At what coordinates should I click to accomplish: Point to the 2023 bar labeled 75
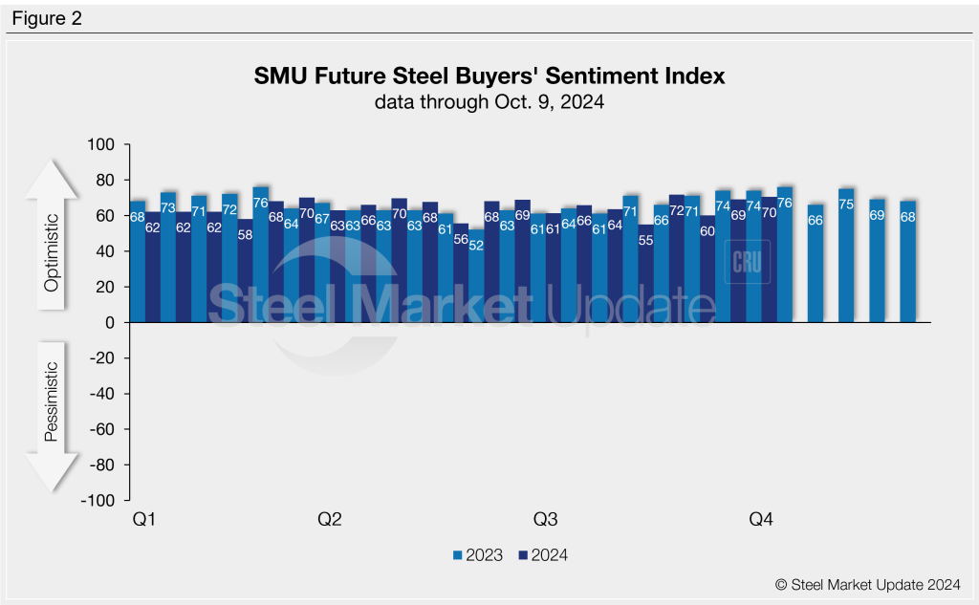click(x=846, y=256)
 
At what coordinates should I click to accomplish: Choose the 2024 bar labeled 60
click(x=707, y=270)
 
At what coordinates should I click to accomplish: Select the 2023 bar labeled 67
click(x=322, y=264)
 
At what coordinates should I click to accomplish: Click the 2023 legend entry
click(x=477, y=555)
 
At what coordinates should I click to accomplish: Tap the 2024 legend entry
click(x=542, y=555)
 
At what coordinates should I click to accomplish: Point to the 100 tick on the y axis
click(x=101, y=145)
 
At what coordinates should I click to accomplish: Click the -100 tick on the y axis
click(x=98, y=501)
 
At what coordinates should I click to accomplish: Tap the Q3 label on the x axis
click(x=545, y=520)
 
